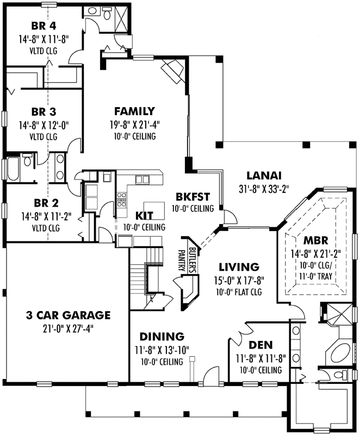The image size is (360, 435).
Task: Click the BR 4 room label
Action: tap(44, 25)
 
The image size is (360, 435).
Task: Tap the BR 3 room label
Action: tap(44, 113)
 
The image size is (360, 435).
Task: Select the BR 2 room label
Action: tap(44, 203)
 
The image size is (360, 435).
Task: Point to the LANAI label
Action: tap(264, 176)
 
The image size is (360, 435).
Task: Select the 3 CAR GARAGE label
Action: tap(68, 315)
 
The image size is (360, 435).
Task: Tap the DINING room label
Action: tap(161, 336)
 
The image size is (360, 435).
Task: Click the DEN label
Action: tap(261, 345)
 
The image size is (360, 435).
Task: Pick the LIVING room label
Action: tap(238, 266)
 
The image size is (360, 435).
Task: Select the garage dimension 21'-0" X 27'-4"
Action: tap(68, 327)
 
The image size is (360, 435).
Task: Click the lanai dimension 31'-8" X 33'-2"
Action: tap(264, 189)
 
